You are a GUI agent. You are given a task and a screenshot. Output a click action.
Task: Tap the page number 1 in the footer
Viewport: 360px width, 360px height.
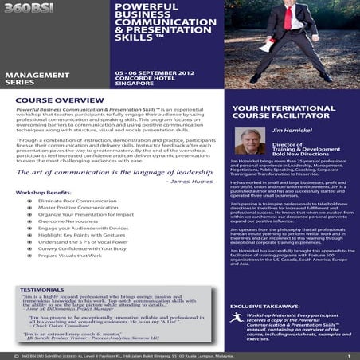pos(348,355)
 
